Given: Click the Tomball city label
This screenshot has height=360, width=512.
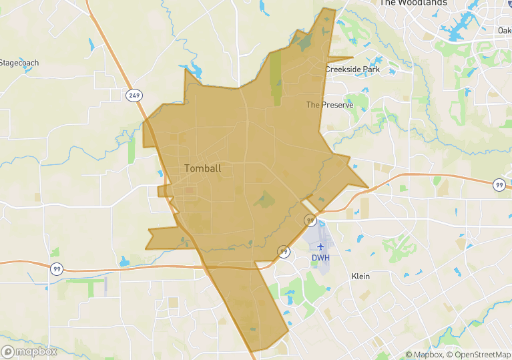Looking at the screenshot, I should (202, 168).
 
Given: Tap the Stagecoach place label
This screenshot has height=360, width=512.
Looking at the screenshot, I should (19, 63).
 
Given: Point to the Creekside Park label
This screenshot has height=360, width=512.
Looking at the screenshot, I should (352, 69).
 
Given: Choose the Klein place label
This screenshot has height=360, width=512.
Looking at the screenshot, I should (360, 276).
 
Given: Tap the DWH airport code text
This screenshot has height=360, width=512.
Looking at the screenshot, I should (320, 258).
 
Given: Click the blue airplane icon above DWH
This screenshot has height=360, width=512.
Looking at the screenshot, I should (320, 246).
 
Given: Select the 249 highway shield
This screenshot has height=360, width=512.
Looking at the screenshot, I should (135, 96).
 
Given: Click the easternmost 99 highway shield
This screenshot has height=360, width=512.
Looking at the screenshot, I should (499, 185).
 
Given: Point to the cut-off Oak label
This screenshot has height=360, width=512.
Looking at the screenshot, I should (505, 30).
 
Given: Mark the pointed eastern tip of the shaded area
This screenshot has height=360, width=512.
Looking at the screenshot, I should (368, 187).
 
